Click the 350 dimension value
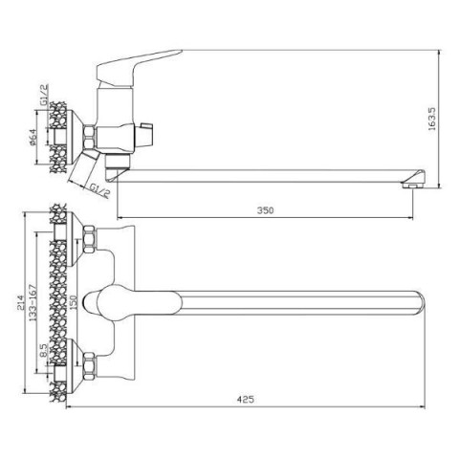coord(265,210)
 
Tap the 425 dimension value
coord(245,399)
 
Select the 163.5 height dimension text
coord(431,119)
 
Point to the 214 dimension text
coord(20,302)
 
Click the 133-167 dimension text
coord(33,302)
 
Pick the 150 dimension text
coord(74,302)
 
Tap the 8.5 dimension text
coord(44,350)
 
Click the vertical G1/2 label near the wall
coord(44,95)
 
